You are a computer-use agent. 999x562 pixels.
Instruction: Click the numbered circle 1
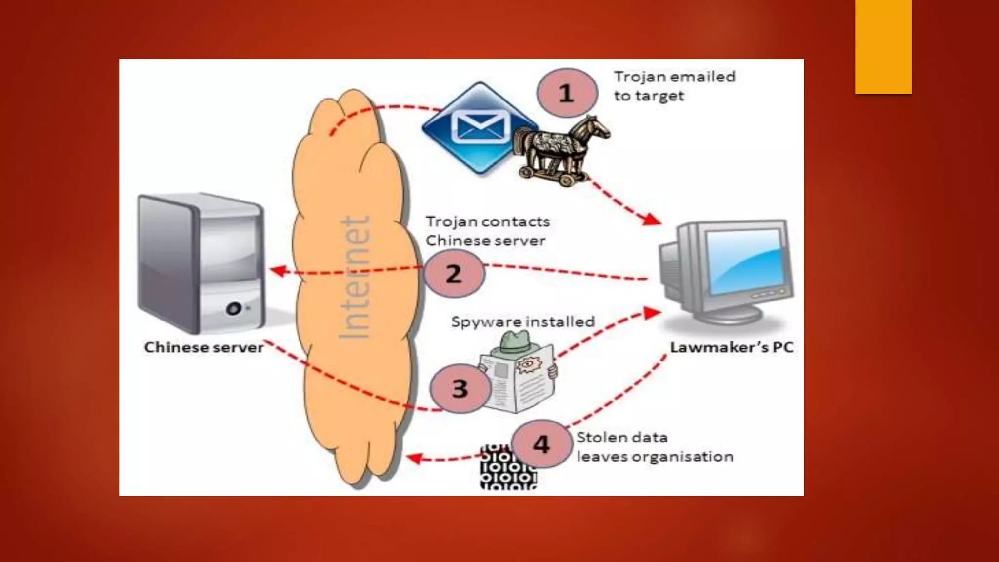(566, 93)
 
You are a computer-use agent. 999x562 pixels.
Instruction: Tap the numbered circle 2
(454, 274)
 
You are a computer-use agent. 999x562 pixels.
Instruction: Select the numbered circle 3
(460, 389)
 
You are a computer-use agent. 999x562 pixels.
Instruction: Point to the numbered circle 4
(541, 444)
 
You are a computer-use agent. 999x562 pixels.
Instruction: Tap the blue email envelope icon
(480, 128)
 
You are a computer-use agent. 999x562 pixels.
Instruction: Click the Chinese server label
(204, 347)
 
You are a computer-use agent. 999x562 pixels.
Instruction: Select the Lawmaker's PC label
(731, 347)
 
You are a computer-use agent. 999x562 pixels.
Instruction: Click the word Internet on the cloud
(354, 278)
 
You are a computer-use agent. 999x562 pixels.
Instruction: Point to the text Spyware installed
(523, 322)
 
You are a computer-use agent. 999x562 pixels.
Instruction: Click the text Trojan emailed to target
(674, 86)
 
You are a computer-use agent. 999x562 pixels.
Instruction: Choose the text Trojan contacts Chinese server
(487, 231)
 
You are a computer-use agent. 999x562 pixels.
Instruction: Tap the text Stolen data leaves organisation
(655, 447)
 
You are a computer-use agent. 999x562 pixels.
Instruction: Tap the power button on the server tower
(234, 308)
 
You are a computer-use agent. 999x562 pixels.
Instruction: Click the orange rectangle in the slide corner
(883, 47)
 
